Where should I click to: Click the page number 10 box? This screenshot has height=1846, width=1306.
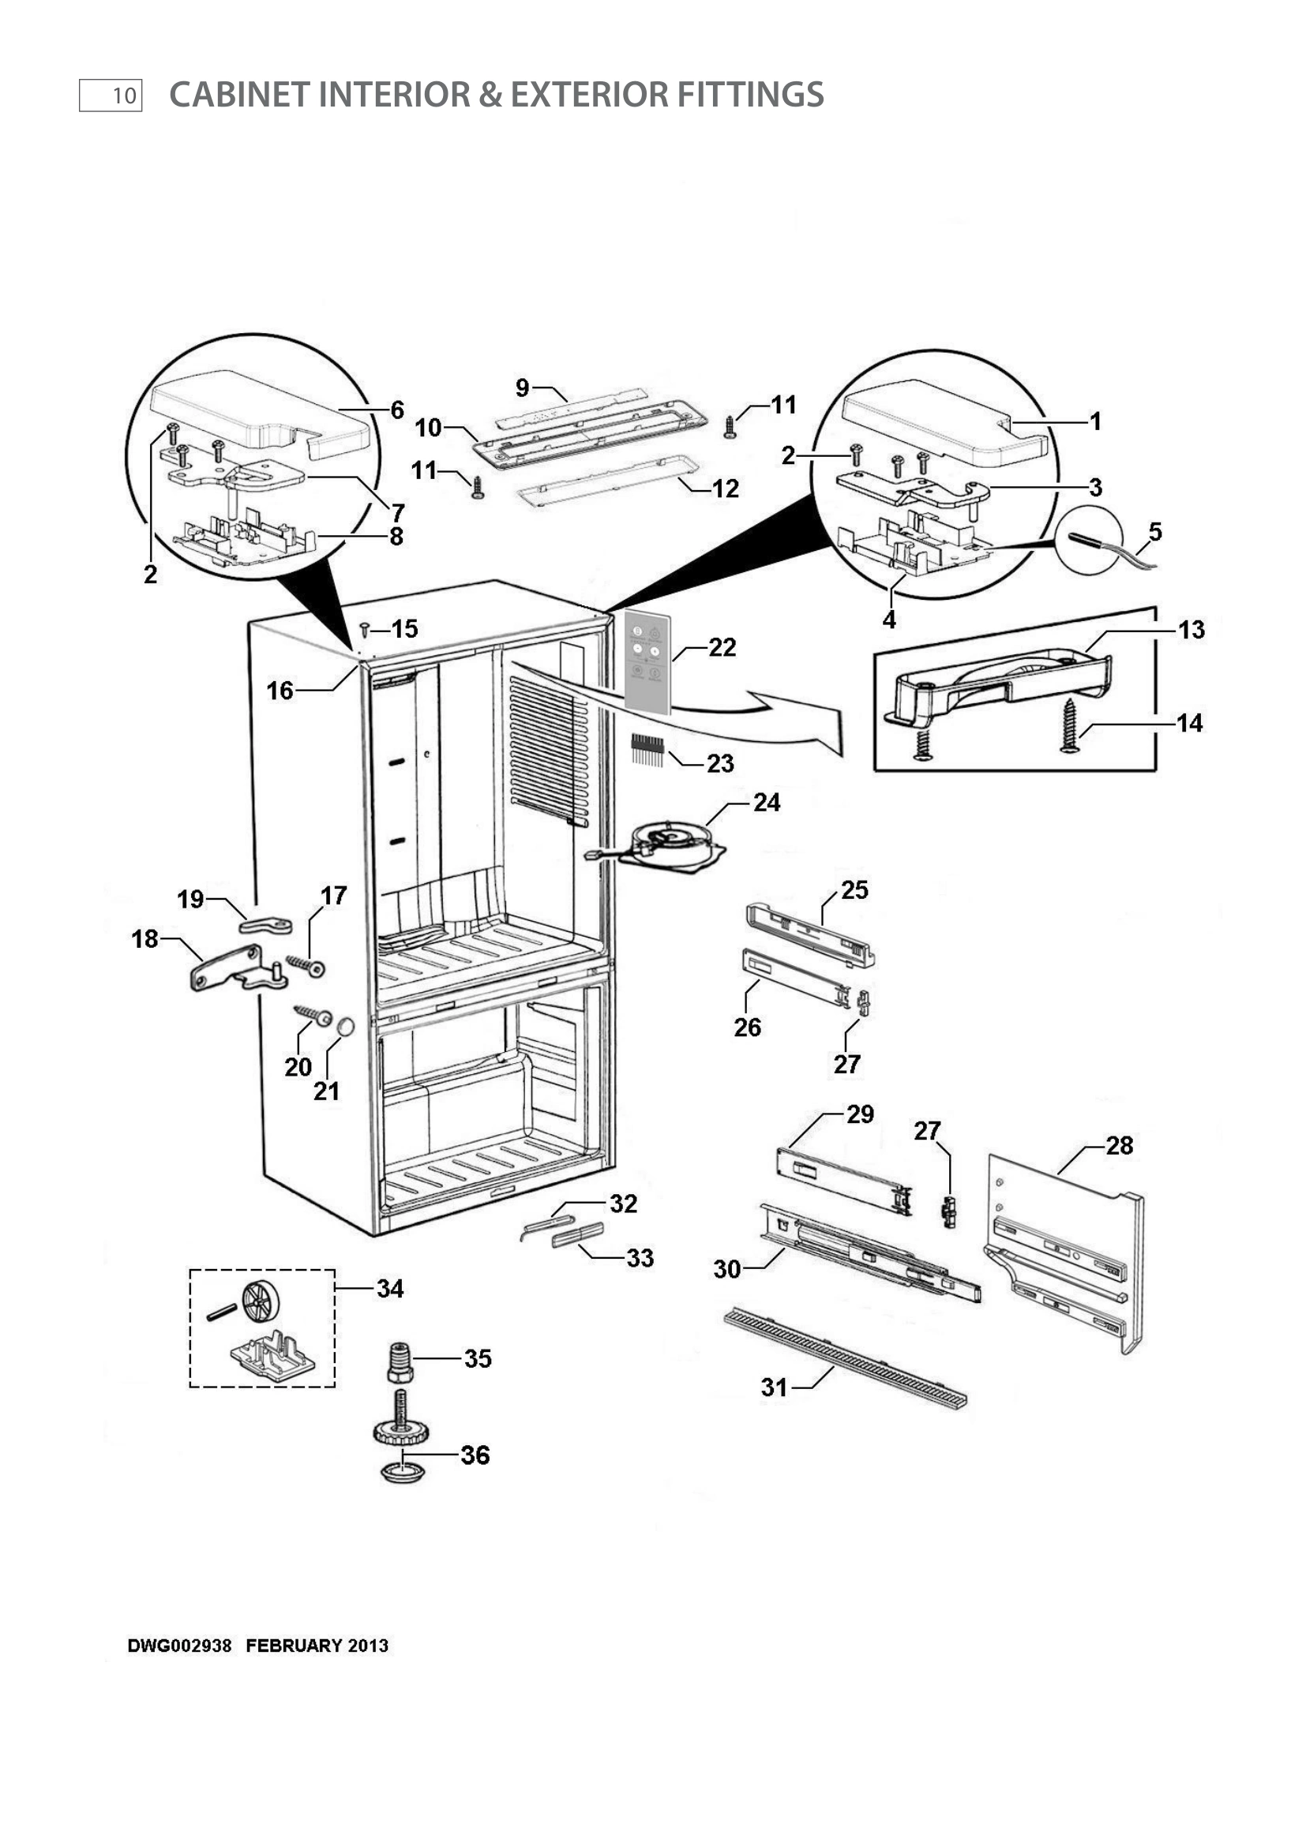click(111, 95)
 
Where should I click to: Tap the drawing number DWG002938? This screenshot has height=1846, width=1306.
click(179, 1646)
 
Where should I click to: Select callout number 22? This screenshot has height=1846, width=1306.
click(722, 647)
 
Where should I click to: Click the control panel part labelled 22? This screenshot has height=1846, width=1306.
click(647, 661)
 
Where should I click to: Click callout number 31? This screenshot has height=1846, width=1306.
click(774, 1387)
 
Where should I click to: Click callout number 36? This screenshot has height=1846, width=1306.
click(475, 1455)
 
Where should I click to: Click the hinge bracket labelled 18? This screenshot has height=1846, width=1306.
click(227, 969)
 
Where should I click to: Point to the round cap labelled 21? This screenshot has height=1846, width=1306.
click(345, 1027)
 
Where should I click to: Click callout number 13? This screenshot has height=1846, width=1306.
click(1191, 630)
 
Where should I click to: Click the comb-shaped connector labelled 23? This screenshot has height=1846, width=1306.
click(647, 748)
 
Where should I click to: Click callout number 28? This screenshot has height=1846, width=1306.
click(1119, 1145)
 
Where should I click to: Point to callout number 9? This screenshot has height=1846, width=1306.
click(523, 388)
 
